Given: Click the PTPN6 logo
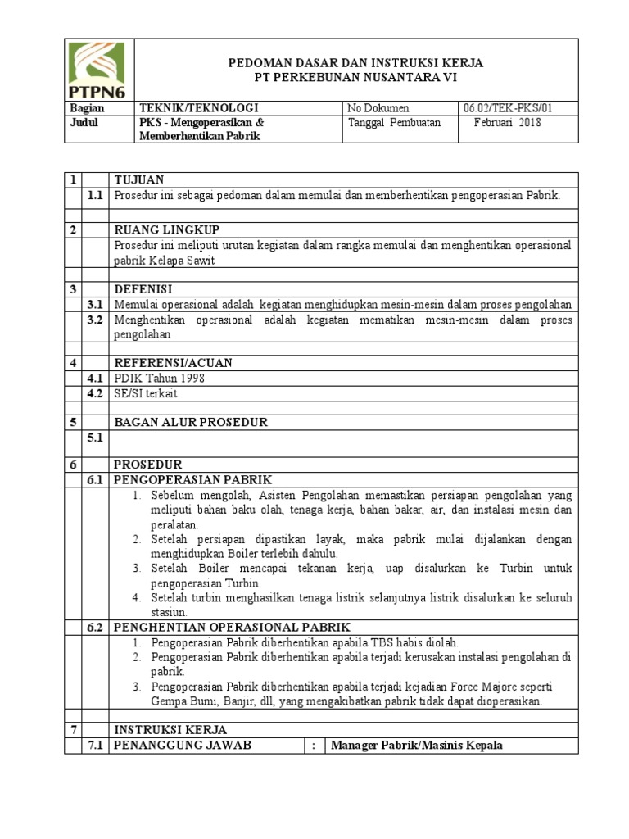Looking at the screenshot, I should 99,69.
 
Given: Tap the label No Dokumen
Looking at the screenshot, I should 378,108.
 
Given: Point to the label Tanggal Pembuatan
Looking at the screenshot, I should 394,123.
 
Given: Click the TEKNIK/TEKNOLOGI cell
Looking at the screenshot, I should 198,108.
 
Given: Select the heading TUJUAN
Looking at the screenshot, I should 139,179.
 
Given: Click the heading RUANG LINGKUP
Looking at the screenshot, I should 165,229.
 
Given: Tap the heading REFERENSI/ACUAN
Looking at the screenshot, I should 173,362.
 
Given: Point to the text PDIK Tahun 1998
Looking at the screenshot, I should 160,378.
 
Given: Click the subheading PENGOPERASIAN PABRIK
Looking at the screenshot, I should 192,479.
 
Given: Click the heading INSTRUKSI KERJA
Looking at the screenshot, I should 170,729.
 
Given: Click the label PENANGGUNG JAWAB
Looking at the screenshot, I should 183,744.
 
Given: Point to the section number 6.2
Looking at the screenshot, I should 96,627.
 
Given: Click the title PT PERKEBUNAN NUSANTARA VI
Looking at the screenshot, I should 355,77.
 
